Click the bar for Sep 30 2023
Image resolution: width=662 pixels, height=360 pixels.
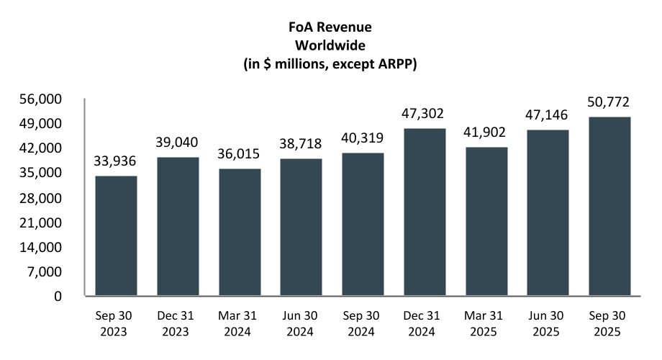pos(116,236)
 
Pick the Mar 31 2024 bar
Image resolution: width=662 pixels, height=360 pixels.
pos(240,232)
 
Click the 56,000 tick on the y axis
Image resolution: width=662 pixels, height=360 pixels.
pos(45,99)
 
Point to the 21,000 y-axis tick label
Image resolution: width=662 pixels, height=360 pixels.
pos(45,222)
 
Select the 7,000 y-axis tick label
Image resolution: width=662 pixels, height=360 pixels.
pos(48,271)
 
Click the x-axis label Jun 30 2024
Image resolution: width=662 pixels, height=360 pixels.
pos(301,325)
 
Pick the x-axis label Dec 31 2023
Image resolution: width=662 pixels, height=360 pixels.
pos(178,325)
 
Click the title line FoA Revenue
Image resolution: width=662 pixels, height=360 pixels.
pos(330,29)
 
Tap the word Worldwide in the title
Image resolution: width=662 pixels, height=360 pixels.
pos(330,46)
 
